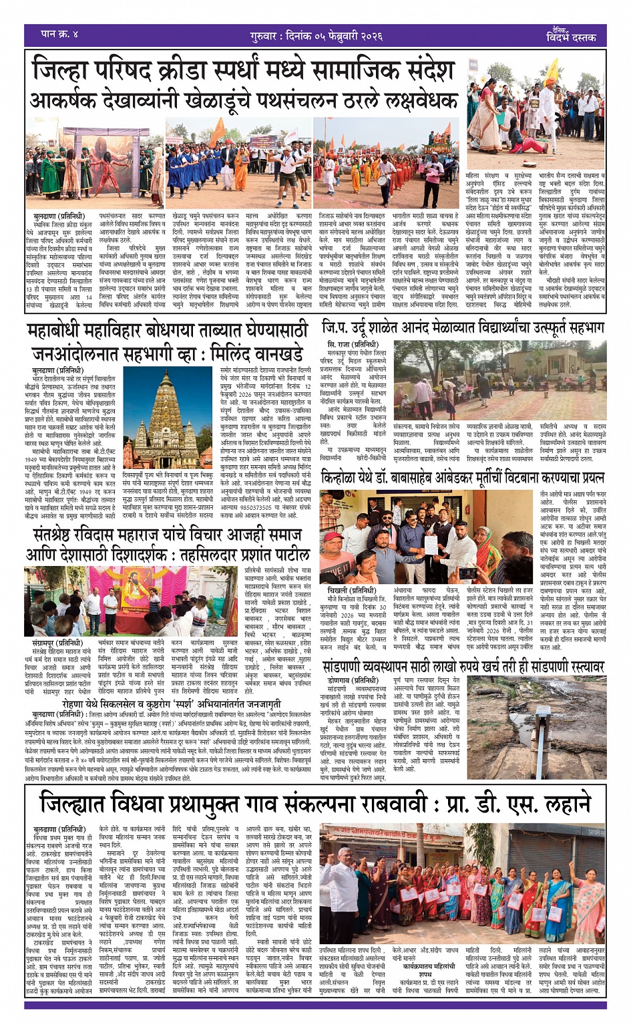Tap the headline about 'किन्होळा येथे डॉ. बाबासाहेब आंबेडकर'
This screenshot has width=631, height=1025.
463,478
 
